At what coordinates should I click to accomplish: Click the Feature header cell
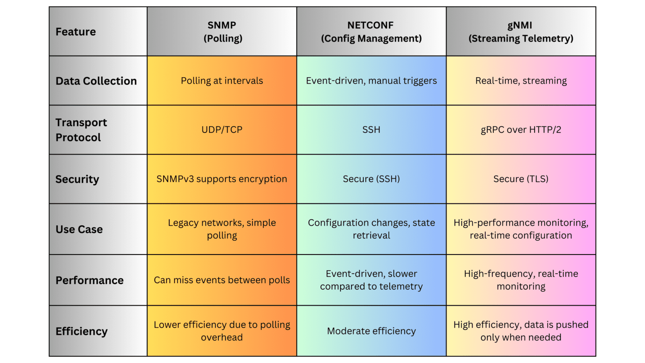tap(76, 32)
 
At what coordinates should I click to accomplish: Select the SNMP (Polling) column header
tap(222, 32)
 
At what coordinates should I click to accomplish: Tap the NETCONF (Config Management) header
tap(371, 32)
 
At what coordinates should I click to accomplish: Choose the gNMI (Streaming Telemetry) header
tap(521, 32)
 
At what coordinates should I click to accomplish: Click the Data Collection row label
tap(96, 81)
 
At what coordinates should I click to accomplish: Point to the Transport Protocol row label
tap(81, 130)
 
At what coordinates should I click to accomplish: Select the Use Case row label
tap(79, 229)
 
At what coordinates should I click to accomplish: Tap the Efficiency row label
tap(81, 331)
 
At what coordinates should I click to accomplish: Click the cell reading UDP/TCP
tap(222, 130)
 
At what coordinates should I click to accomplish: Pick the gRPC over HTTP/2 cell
tap(521, 130)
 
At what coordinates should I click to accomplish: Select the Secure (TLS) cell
tap(521, 179)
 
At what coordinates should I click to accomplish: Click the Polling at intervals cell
tap(222, 81)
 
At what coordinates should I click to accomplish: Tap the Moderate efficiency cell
tap(371, 331)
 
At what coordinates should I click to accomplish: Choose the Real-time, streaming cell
tap(521, 81)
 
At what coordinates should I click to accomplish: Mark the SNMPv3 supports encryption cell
tap(222, 179)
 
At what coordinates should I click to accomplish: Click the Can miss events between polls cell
tap(222, 280)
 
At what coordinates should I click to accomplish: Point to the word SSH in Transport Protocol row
tap(371, 130)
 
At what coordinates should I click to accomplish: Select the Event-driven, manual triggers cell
tap(371, 81)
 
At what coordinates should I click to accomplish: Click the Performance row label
tap(89, 280)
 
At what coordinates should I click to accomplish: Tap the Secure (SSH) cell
tap(371, 179)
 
